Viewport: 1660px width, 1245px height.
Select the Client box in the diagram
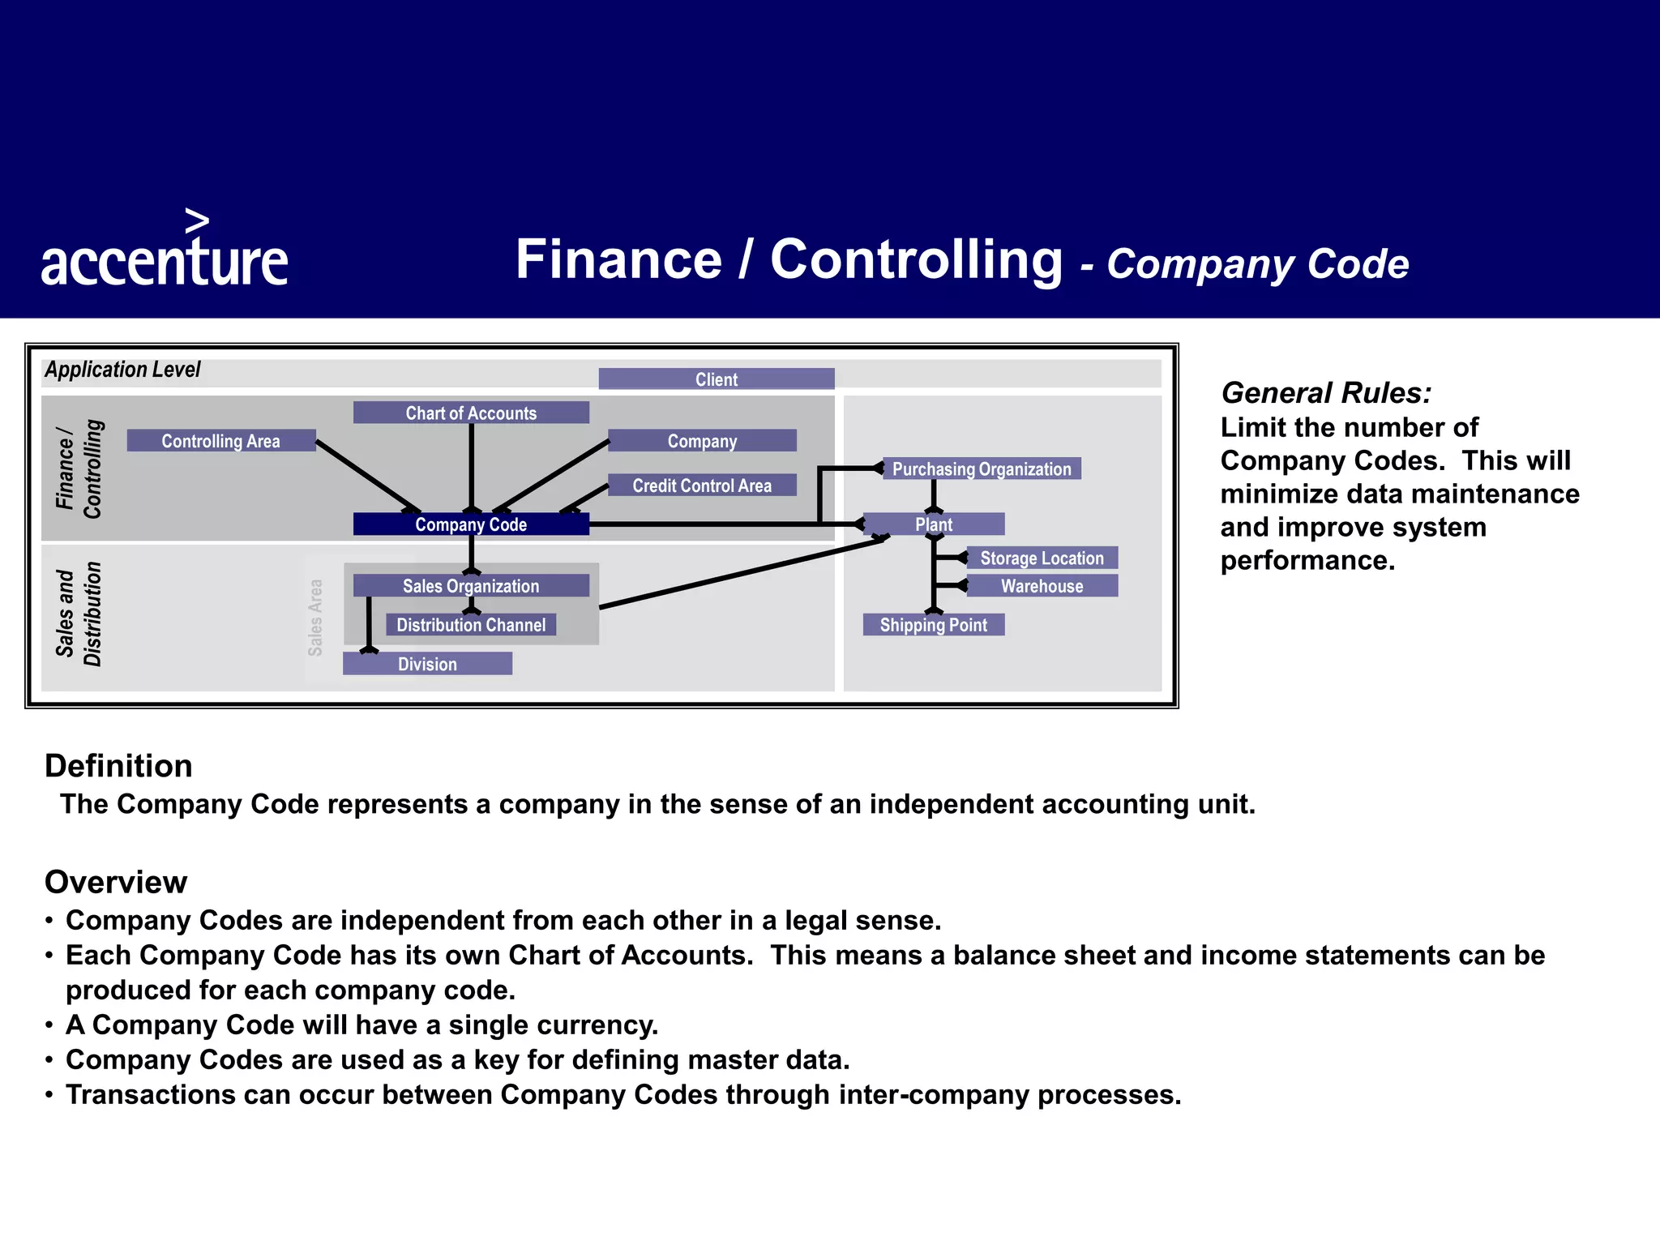(717, 379)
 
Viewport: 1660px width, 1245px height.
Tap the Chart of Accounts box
(471, 413)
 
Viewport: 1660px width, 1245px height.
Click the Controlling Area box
(220, 441)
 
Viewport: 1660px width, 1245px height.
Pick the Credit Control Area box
(702, 486)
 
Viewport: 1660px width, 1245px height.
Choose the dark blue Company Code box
(471, 524)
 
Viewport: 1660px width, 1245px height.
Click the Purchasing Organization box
(982, 468)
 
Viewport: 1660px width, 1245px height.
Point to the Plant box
(934, 524)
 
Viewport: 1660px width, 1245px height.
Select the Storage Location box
(1042, 558)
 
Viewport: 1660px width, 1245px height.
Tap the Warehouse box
(1042, 586)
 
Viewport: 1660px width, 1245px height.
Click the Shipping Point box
(934, 625)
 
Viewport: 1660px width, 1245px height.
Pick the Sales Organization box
(471, 586)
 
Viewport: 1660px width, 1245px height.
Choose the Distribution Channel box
(471, 625)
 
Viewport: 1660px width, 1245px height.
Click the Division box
(427, 664)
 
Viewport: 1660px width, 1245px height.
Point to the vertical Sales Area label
(315, 618)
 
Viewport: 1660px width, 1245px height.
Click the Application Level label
(122, 370)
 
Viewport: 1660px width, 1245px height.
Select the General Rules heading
(1326, 393)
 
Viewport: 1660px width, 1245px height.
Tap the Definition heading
(118, 766)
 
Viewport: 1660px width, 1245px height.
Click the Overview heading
(116, 882)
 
